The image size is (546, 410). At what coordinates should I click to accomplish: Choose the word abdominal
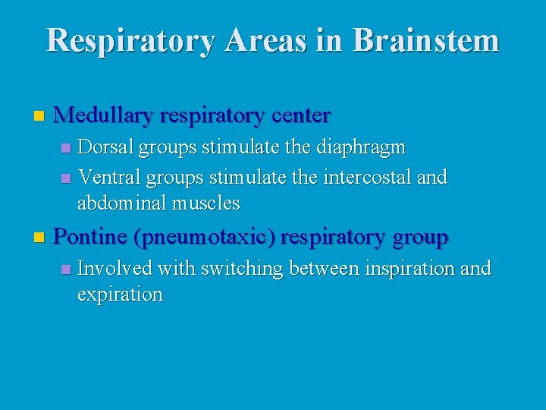(122, 203)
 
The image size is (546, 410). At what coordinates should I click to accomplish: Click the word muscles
(206, 203)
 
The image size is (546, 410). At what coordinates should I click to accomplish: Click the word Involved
(108, 268)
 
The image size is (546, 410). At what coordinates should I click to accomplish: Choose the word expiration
(120, 294)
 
